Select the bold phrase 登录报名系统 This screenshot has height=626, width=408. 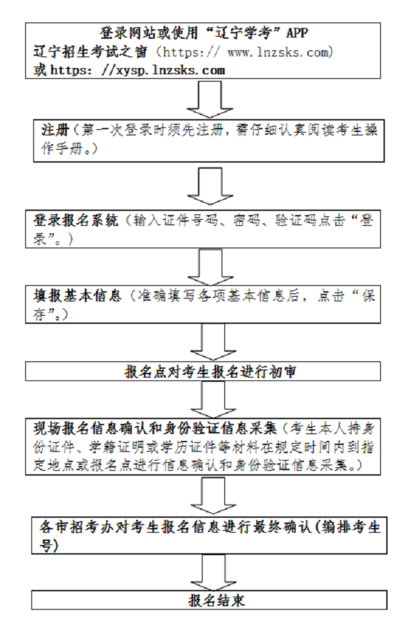point(75,221)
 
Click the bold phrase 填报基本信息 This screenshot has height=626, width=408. point(75,296)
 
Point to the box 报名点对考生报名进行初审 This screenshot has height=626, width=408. point(204,372)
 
